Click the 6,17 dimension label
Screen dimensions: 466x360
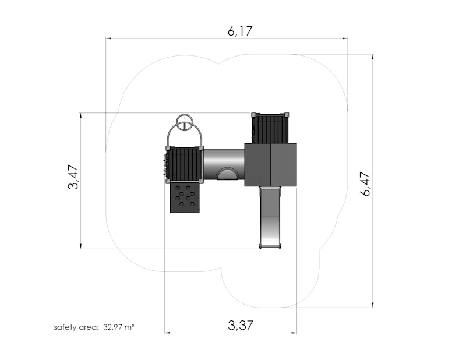click(x=240, y=31)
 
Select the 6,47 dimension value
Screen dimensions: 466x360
click(x=365, y=183)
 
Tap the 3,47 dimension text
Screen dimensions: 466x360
click(x=73, y=177)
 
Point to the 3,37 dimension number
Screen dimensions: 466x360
click(x=241, y=326)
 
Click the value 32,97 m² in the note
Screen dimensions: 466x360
click(x=119, y=327)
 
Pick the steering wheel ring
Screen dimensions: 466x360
click(x=185, y=122)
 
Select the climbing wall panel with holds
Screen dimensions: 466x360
click(x=185, y=197)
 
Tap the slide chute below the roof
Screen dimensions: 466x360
click(x=270, y=217)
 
